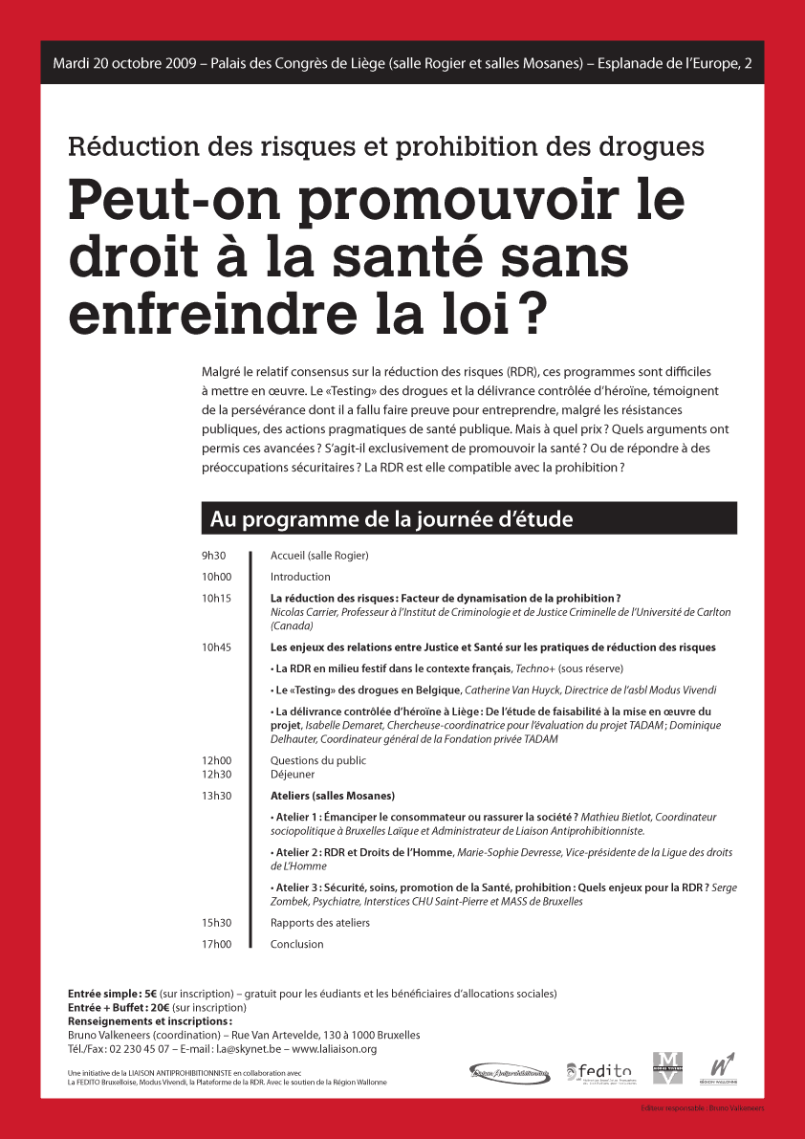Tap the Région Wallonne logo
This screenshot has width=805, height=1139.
(723, 1068)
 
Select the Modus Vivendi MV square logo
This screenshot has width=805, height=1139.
(667, 1067)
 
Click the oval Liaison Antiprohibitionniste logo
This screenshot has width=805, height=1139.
(511, 1074)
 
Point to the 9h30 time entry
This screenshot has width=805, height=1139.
(213, 556)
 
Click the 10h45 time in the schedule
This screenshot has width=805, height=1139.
(216, 647)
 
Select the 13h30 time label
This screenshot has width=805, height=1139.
(216, 796)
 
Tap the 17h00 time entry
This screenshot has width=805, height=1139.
(216, 944)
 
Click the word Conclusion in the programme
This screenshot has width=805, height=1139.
(296, 944)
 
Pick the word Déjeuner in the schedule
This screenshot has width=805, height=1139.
(293, 775)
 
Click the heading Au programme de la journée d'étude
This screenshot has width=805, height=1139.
(391, 519)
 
